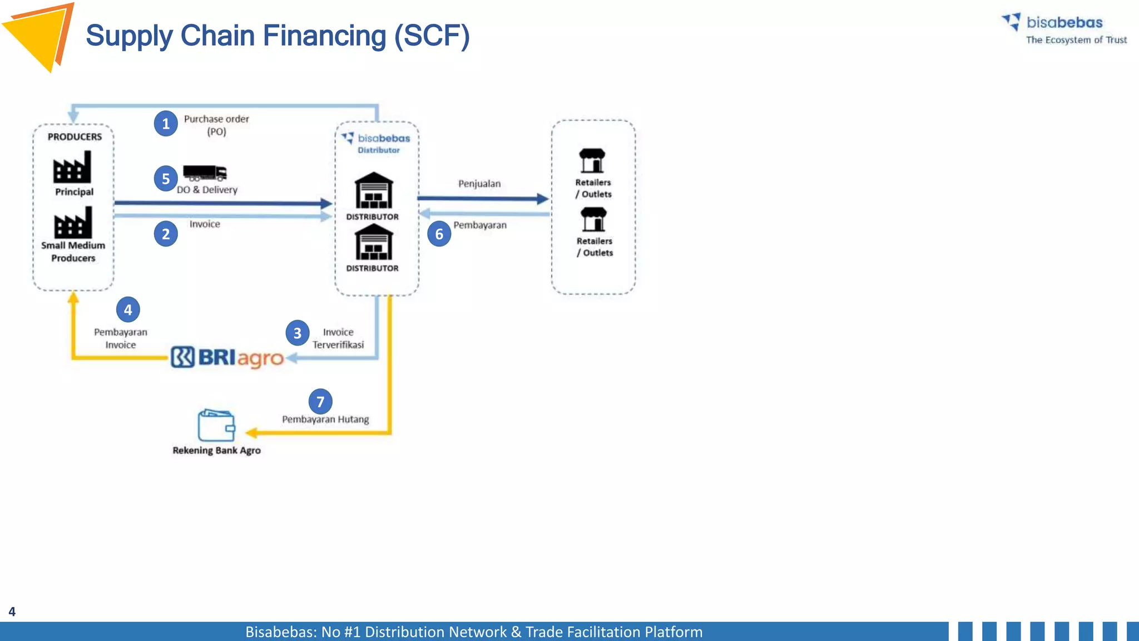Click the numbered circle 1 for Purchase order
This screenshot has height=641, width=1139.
166,124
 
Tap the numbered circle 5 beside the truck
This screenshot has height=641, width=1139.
166,179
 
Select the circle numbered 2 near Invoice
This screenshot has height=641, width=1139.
166,234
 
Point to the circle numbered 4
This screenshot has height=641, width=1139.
128,309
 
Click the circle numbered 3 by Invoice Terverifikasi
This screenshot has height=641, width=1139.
298,333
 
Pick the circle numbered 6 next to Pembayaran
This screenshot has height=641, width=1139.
439,234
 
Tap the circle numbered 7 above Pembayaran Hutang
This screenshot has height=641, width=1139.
320,401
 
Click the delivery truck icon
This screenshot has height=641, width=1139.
205,173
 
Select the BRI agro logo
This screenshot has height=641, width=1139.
227,357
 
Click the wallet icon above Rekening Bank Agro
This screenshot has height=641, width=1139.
216,425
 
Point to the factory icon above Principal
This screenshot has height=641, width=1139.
72,167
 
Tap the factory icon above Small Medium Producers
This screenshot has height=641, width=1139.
73,222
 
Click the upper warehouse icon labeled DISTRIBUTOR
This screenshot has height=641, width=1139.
374,190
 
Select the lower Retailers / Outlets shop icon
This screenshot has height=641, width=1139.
593,219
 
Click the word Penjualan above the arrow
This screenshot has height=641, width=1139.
479,184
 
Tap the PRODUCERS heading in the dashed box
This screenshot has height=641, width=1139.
75,137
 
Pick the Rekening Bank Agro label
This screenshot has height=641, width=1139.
216,450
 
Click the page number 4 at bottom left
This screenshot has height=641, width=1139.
12,612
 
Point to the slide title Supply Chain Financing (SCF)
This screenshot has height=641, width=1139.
278,36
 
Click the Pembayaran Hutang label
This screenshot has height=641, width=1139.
325,420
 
